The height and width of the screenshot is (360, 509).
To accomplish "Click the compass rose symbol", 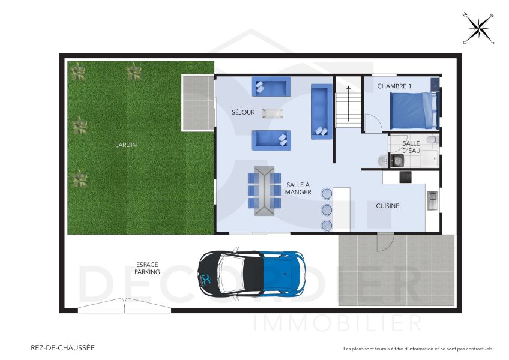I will pyautogui.click(x=478, y=28).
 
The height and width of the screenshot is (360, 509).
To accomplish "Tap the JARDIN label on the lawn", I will pyautogui.click(x=127, y=145).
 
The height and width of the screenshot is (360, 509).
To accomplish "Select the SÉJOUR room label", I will pyautogui.click(x=243, y=112).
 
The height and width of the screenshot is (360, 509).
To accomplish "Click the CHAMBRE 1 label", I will pyautogui.click(x=394, y=86).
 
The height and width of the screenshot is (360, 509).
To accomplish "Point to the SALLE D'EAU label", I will pyautogui.click(x=411, y=147).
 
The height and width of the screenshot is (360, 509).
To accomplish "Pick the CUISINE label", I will pyautogui.click(x=387, y=206).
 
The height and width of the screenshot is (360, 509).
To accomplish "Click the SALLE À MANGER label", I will pyautogui.click(x=298, y=188).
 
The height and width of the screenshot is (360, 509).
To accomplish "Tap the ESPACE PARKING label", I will pyautogui.click(x=148, y=268).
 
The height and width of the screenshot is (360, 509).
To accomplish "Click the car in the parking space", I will pyautogui.click(x=251, y=274).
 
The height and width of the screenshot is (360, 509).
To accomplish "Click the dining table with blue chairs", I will pyautogui.click(x=264, y=191).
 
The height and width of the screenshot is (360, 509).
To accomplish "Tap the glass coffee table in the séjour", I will pyautogui.click(x=274, y=113).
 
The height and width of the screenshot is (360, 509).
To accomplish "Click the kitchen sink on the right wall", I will pyautogui.click(x=432, y=199).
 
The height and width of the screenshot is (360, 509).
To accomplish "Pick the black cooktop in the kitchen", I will pyautogui.click(x=405, y=177).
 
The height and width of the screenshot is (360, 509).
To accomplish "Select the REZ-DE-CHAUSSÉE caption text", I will pyautogui.click(x=62, y=347).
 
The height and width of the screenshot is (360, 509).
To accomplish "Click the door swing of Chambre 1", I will pyautogui.click(x=373, y=124).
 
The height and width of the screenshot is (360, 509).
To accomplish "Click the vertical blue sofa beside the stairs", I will pyautogui.click(x=321, y=111).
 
